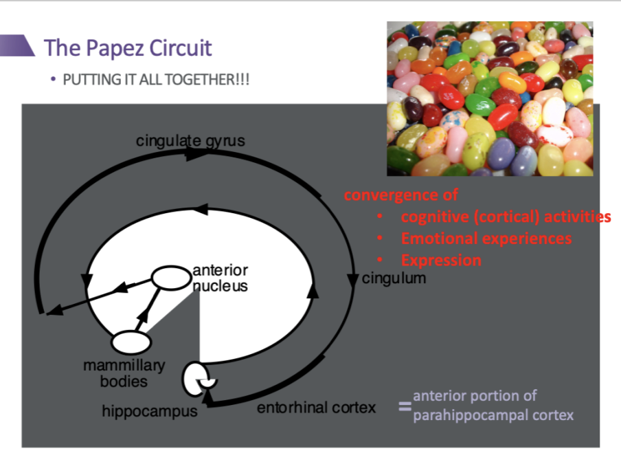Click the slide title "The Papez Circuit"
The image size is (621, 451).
pos(128,48)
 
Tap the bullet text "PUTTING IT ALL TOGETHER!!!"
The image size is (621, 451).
pos(156,79)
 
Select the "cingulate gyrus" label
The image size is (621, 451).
pos(190,142)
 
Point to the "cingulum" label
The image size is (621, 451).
pos(394,278)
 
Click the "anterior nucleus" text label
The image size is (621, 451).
pos(220,278)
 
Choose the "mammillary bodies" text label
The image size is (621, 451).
pos(124,373)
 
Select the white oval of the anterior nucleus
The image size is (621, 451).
pos(170,278)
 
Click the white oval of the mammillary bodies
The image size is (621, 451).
pos(131,342)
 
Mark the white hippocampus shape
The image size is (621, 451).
pos(194,379)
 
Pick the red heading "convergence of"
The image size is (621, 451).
pos(401,195)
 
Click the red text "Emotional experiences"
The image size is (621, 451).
pos(486,239)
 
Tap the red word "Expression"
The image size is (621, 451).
pos(441,261)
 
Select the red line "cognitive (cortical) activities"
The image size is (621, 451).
pos(506,217)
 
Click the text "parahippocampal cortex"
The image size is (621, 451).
pos(493,415)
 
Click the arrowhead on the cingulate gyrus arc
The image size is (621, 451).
pos(196,155)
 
